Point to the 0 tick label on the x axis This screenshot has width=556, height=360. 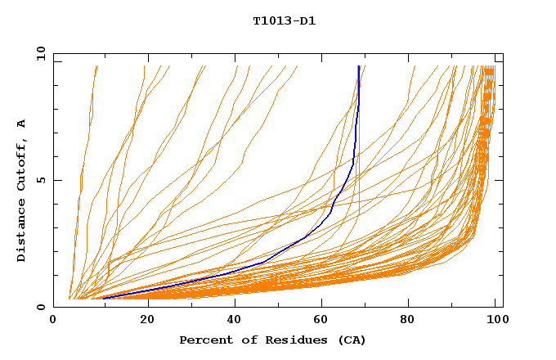(54, 322)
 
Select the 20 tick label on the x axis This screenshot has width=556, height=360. (142, 322)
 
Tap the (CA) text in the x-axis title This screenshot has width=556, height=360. (350, 340)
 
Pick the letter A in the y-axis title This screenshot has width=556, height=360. (22, 124)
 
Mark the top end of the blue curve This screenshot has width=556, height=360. (358, 66)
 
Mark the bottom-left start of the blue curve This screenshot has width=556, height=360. (103, 298)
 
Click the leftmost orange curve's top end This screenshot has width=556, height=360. (96, 66)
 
